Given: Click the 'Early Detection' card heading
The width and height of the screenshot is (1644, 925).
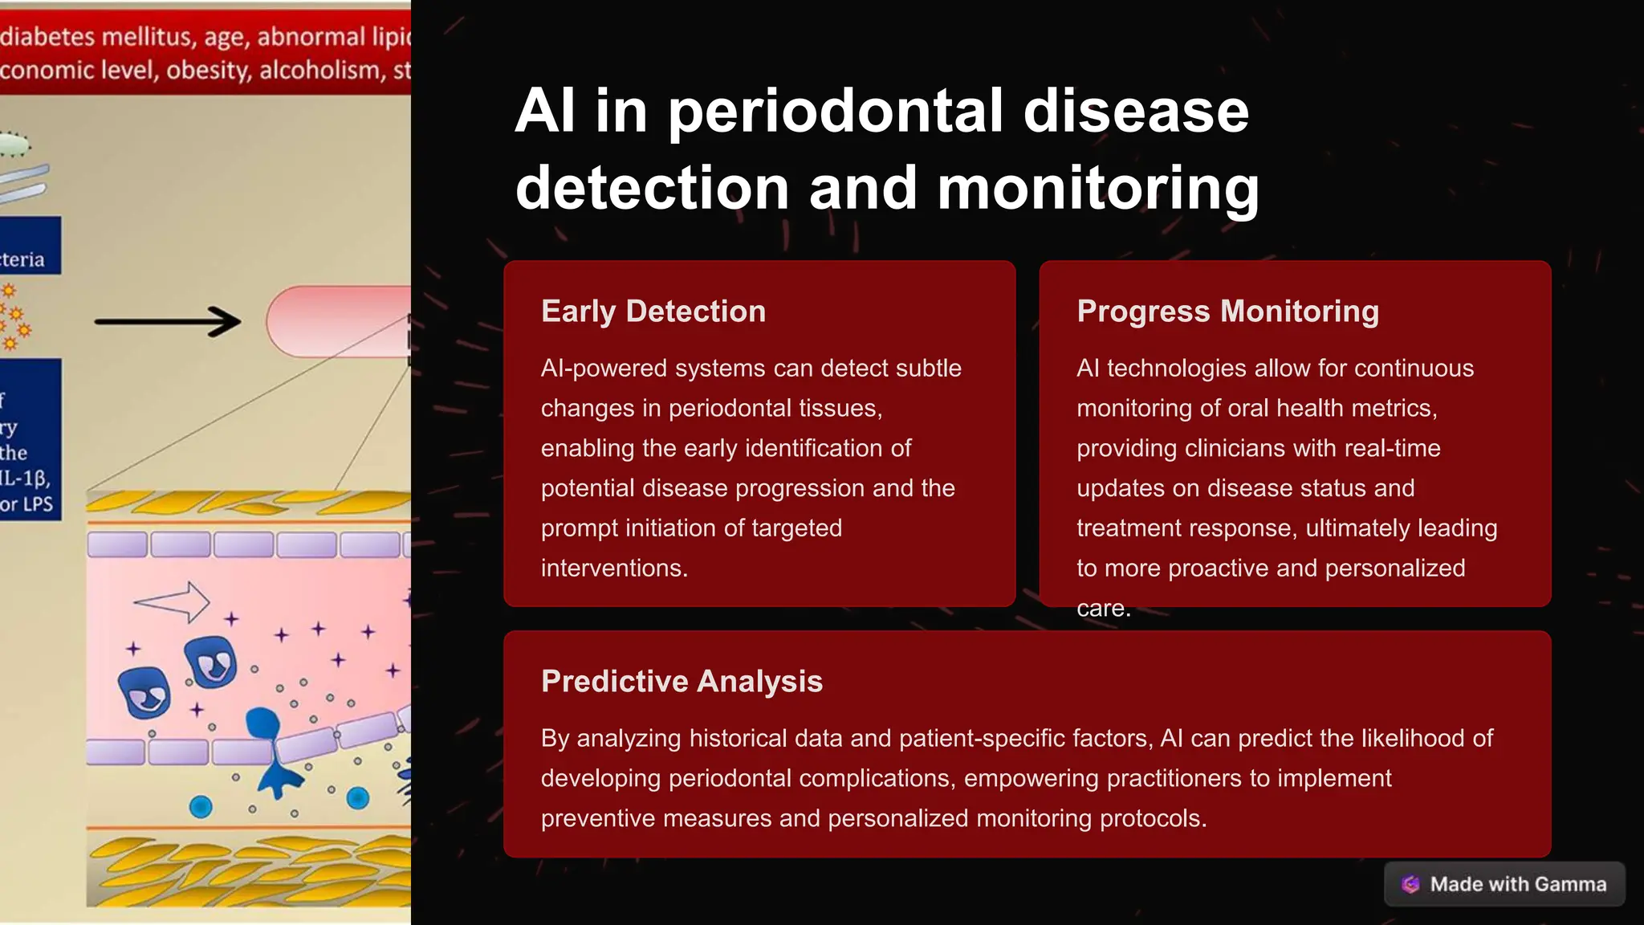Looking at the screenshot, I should click(653, 312).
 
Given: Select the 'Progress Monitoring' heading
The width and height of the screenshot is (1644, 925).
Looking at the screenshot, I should click(1227, 312).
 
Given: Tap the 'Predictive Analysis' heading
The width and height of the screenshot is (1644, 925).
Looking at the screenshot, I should click(682, 682).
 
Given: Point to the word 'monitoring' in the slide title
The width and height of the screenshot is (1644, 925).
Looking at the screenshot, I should click(1097, 188).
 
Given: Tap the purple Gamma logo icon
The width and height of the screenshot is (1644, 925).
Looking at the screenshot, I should click(1410, 884).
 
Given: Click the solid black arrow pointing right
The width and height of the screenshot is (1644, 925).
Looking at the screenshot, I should click(168, 321).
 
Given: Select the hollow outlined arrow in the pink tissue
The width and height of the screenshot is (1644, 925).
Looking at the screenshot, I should click(172, 601).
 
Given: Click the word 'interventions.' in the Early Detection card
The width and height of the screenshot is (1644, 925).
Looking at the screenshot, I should click(614, 568).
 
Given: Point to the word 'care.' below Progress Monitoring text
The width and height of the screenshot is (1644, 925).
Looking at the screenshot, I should click(1103, 609).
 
